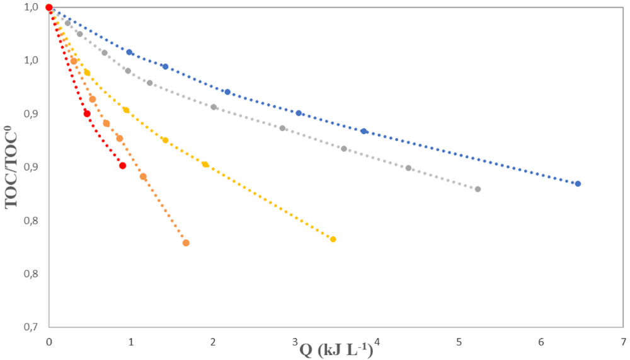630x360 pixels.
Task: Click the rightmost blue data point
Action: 578,184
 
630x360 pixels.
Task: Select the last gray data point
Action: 478,189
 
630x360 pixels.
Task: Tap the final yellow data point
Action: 333,240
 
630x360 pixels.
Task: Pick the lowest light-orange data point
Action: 186,243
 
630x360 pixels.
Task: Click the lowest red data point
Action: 123,166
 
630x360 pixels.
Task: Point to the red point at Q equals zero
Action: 49,8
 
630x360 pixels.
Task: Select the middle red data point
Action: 87,114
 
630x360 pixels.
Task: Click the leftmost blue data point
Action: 129,52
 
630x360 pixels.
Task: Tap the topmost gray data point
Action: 68,23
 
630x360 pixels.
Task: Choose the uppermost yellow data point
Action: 87,73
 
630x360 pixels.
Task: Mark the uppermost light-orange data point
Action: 74,61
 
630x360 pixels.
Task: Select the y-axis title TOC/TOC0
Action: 11,167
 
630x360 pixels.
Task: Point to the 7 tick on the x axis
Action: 623,342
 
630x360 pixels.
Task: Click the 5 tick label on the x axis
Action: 459,342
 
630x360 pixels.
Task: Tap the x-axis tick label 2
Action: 213,342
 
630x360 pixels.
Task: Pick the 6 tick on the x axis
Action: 541,342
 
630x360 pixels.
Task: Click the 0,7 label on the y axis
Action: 31,327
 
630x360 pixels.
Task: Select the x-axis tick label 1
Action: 131,342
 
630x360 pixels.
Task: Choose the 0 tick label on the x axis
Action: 49,342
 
